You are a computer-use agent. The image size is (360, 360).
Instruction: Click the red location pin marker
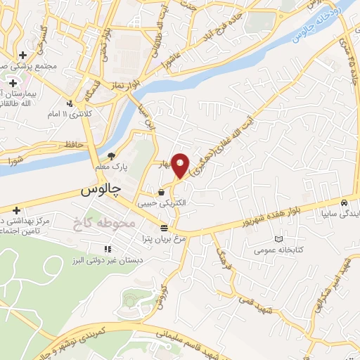click(x=181, y=165)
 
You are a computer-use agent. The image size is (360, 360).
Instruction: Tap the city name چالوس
click(x=101, y=190)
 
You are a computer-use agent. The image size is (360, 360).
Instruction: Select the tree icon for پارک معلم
click(x=110, y=156)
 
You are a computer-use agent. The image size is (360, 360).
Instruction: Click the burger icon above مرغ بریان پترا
click(x=164, y=228)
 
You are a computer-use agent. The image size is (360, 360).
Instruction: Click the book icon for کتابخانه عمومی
click(x=280, y=240)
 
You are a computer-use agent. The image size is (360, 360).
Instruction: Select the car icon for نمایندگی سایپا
click(x=343, y=203)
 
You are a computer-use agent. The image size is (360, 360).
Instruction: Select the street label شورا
click(x=22, y=161)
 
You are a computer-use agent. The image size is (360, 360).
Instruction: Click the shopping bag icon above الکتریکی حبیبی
click(x=162, y=192)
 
